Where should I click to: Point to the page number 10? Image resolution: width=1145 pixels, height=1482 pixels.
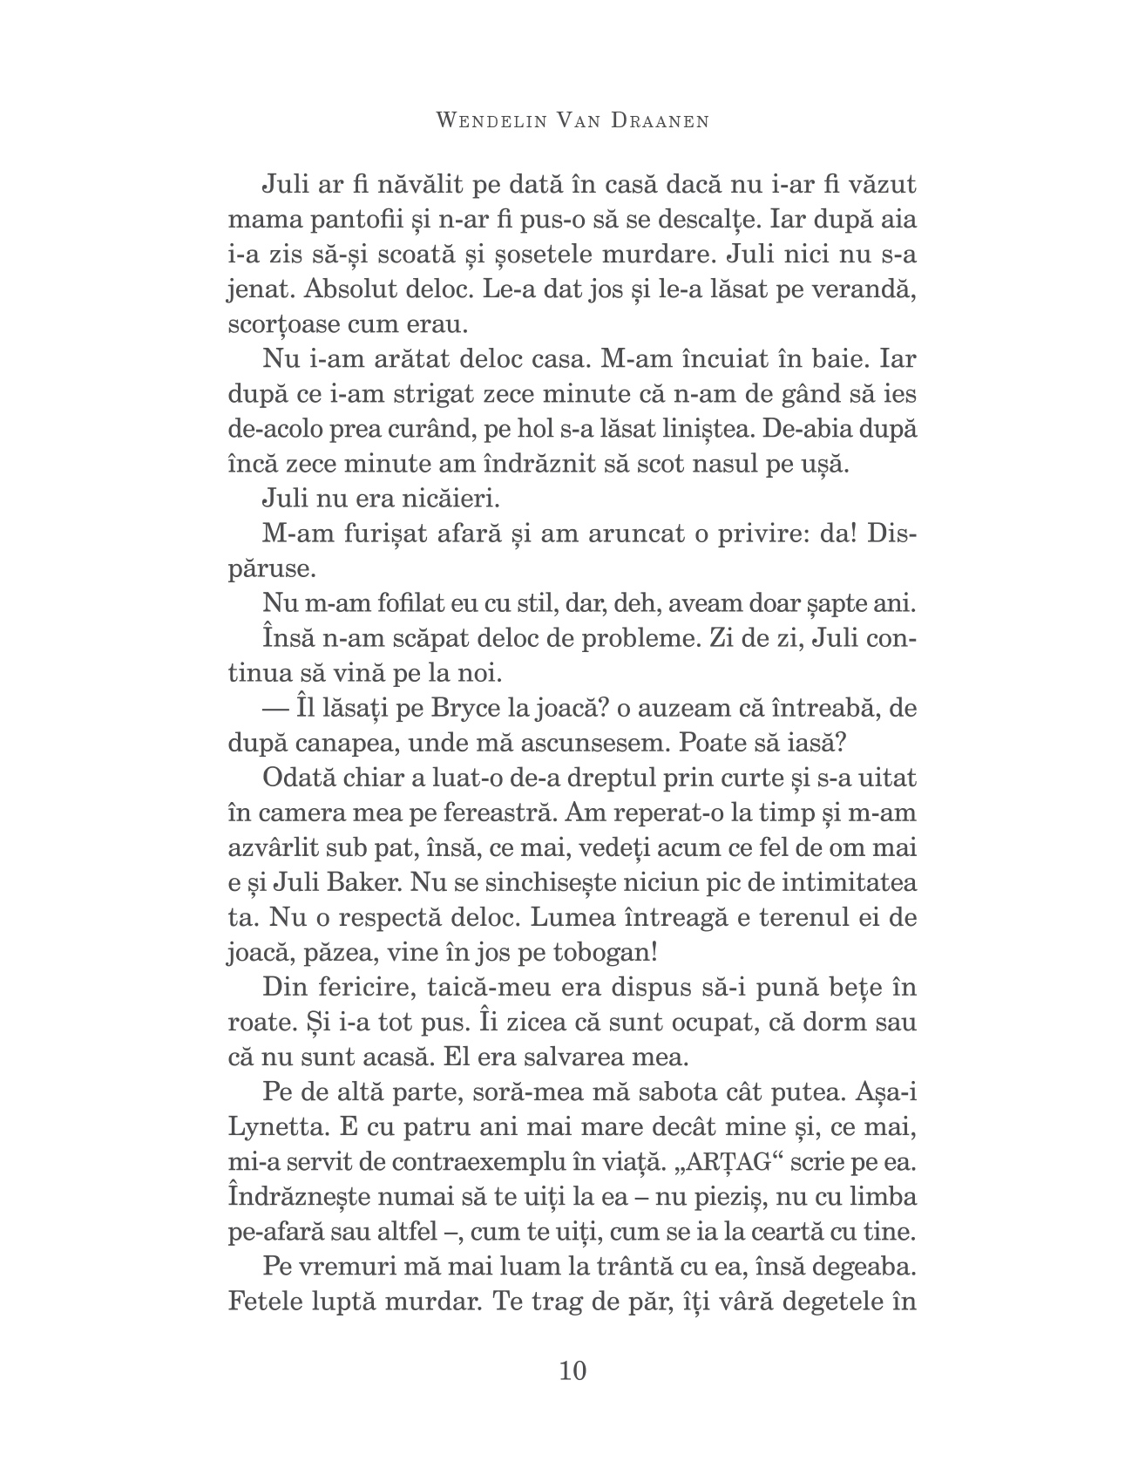[x=572, y=1371]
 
